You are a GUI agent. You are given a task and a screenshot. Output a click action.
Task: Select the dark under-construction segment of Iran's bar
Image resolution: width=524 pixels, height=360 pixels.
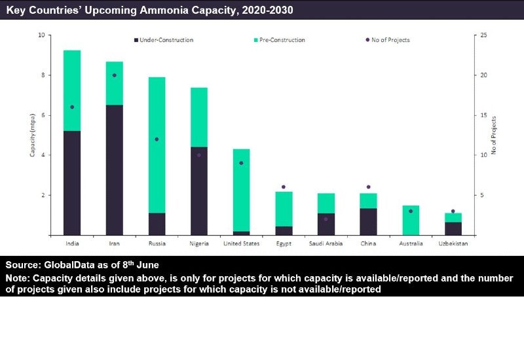pos(114,170)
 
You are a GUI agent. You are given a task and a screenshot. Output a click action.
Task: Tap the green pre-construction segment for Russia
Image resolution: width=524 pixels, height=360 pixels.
pos(157,145)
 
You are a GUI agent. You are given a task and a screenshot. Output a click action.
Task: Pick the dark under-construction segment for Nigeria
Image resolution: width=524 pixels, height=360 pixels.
pos(199,190)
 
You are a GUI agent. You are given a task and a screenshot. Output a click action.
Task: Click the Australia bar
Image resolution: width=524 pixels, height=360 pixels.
pos(411,220)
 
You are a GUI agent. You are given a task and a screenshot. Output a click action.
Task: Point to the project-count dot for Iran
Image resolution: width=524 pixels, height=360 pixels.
pos(115,75)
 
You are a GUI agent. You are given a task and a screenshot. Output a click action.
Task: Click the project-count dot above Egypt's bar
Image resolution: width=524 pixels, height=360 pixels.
pos(284,187)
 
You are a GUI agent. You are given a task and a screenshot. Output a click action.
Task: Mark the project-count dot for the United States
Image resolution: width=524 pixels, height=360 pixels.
pos(241,163)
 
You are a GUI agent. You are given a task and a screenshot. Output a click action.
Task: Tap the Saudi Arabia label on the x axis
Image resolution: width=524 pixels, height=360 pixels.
pos(326,243)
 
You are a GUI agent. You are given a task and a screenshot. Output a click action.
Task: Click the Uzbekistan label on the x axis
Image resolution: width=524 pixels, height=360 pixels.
pos(453,243)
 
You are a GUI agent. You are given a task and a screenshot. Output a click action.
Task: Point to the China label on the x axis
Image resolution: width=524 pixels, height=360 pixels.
pos(368,243)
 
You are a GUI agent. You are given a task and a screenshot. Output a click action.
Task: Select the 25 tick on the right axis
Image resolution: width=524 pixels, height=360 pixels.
pos(484,35)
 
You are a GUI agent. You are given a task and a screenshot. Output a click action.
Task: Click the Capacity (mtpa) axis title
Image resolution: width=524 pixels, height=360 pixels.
pos(32,135)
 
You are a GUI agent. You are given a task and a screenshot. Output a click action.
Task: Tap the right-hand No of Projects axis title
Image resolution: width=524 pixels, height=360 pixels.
pos(494,135)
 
